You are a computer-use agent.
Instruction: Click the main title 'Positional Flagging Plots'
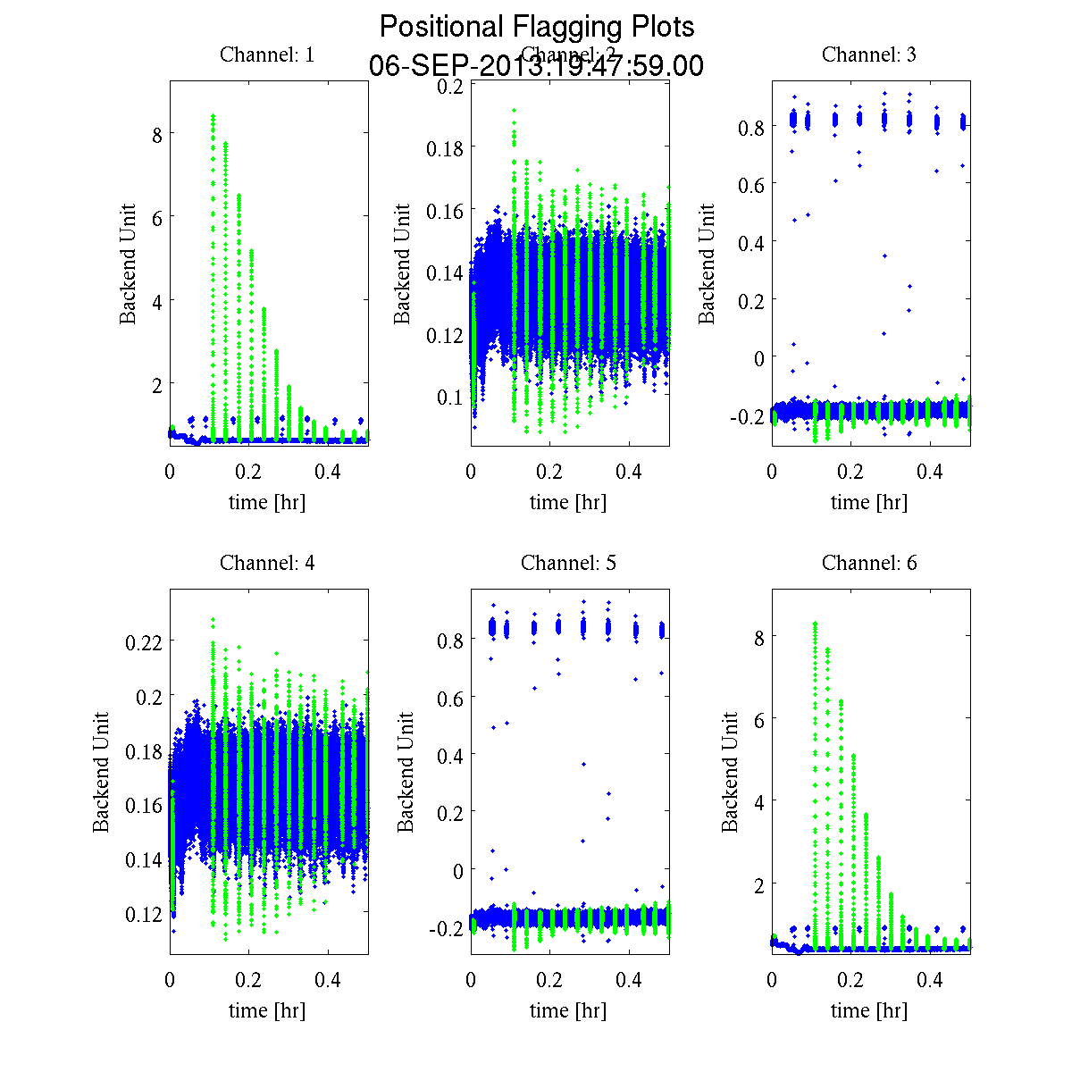(536, 26)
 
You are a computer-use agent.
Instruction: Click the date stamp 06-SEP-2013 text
(536, 66)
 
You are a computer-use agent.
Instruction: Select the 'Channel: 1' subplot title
(267, 54)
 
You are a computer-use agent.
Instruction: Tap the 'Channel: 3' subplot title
(869, 54)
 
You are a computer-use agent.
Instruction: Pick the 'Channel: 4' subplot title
(267, 563)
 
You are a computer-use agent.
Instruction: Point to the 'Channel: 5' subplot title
(568, 563)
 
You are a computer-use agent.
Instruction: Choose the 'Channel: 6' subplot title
(869, 563)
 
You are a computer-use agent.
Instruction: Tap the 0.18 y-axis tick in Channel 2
(445, 147)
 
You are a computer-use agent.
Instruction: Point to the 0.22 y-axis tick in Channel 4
(144, 641)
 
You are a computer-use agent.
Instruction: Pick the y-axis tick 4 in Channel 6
(758, 801)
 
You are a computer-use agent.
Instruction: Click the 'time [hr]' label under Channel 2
(568, 502)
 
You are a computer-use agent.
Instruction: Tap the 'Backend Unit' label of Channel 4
(101, 772)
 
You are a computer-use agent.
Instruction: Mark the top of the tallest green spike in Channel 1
(213, 115)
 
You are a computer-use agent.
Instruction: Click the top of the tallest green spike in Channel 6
(815, 623)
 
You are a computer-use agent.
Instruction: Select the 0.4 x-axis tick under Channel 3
(931, 473)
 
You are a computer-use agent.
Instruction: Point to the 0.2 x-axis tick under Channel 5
(550, 981)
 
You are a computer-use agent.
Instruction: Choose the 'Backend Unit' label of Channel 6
(731, 772)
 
